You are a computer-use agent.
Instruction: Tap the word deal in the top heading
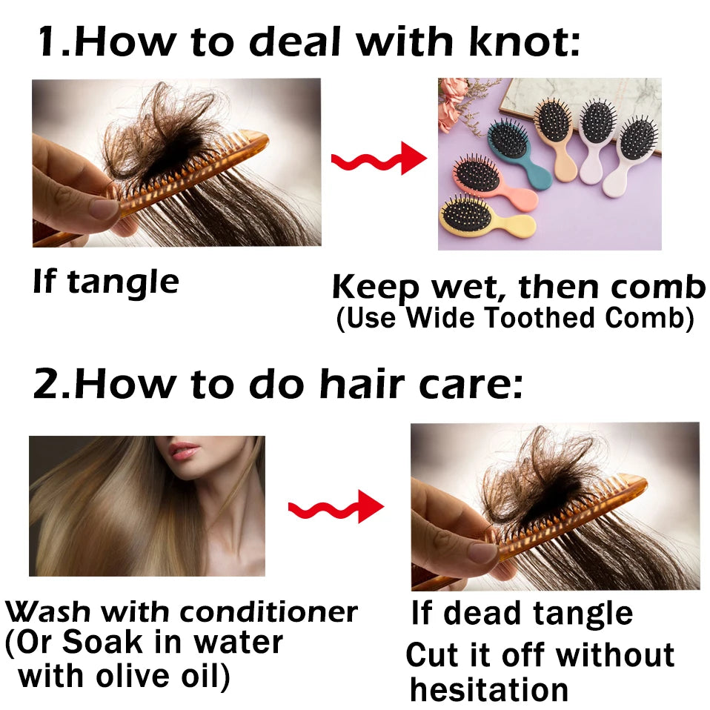point(294,42)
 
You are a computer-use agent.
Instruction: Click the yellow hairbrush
point(486,217)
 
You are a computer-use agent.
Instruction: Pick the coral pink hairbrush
point(494,182)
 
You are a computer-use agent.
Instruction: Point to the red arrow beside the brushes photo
point(379,159)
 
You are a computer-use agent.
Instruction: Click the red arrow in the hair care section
point(336,507)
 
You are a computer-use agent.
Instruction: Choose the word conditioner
point(268,612)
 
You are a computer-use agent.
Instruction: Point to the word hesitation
point(488,690)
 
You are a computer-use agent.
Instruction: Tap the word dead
point(484,614)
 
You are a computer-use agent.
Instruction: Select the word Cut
point(432,655)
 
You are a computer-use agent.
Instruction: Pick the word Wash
point(47,611)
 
